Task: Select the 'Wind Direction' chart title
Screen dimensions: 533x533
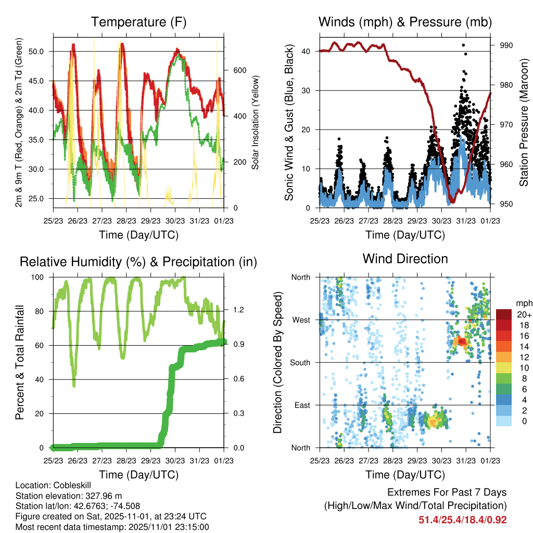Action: click(405, 258)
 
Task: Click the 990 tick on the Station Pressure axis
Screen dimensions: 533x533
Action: click(506, 46)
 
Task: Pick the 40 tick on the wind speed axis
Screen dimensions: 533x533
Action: click(307, 52)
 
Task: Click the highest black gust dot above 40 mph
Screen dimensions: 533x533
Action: click(463, 45)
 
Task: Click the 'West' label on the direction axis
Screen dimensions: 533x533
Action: click(301, 320)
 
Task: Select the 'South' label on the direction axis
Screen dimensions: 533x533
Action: click(300, 362)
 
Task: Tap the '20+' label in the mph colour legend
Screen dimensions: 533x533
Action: click(524, 314)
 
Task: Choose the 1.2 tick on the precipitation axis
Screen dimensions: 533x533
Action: click(238, 310)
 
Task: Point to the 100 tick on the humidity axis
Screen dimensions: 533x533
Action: click(39, 277)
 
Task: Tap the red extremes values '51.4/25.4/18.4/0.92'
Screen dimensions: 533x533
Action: click(462, 519)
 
